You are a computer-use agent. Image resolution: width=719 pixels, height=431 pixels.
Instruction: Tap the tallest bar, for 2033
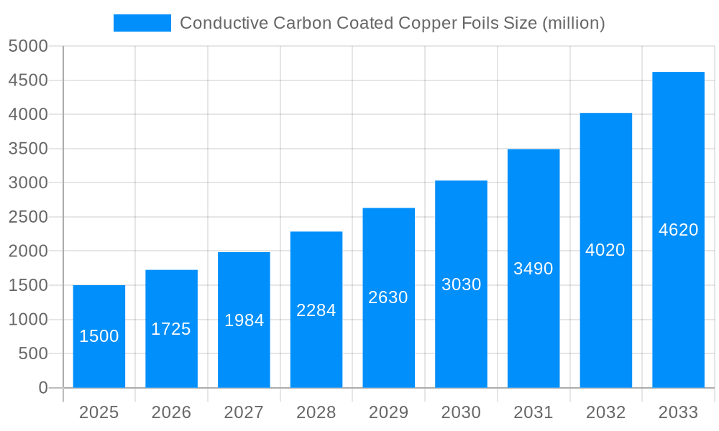(x=678, y=230)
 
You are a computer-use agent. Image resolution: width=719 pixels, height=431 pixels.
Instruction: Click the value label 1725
(x=171, y=329)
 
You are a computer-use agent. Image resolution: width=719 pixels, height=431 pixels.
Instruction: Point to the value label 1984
(x=244, y=320)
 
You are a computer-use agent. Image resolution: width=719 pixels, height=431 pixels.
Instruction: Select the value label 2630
(x=388, y=297)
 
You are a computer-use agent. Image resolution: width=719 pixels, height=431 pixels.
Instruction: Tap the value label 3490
(x=533, y=269)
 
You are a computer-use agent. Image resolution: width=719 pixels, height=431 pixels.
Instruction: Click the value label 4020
(x=605, y=250)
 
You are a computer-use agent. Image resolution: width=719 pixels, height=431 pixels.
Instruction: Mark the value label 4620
(x=678, y=230)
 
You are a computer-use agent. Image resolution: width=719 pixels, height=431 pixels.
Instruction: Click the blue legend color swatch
(x=142, y=23)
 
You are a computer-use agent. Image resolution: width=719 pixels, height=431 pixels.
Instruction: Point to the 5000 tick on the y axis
(x=28, y=46)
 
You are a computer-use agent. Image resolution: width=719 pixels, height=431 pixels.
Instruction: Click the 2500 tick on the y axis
(x=28, y=217)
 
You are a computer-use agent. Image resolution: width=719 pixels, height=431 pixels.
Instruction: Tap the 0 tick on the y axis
(x=43, y=388)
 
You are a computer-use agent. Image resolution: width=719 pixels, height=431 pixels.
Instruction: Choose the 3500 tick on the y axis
(x=28, y=149)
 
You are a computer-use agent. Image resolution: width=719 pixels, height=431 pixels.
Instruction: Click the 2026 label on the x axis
(x=171, y=412)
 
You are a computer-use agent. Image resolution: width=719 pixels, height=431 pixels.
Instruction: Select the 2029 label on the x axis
(x=388, y=412)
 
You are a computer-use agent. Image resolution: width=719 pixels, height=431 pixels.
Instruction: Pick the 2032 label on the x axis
(x=605, y=412)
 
